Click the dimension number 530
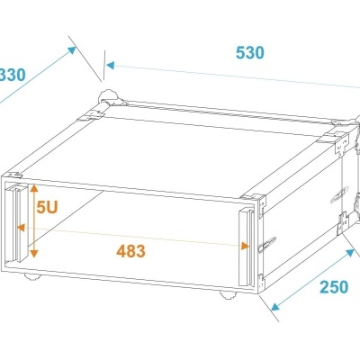[249, 52]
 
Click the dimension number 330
[11, 75]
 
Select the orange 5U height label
[47, 206]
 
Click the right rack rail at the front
[245, 243]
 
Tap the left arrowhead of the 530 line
[110, 65]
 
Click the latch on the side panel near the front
[265, 244]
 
